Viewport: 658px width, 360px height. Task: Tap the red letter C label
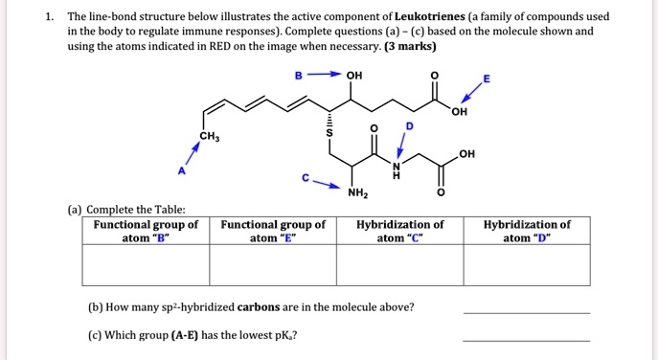click(306, 178)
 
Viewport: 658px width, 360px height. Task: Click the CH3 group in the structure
click(209, 136)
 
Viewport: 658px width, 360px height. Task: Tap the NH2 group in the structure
click(355, 195)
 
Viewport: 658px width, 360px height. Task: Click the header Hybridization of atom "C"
click(399, 231)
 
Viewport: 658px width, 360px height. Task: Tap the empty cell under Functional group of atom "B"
click(146, 265)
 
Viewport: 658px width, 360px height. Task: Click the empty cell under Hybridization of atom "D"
click(527, 265)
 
